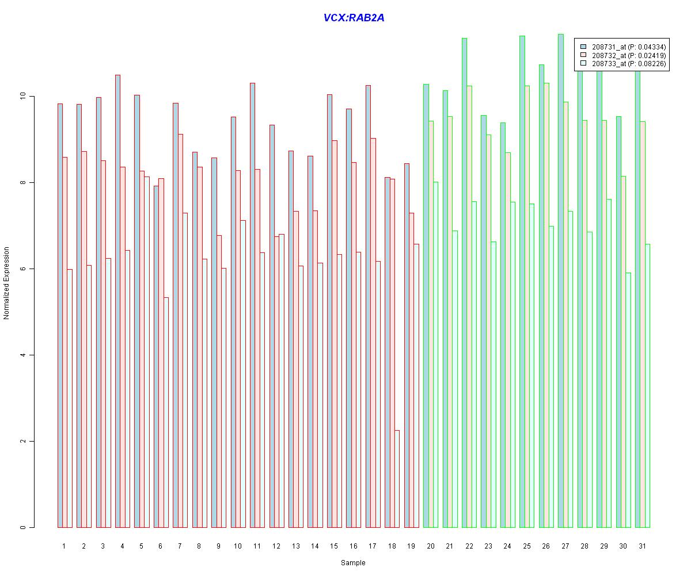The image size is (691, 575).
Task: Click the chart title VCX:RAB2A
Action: [354, 17]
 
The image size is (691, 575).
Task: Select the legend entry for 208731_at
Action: [623, 47]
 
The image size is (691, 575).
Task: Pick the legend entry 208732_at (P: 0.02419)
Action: [623, 55]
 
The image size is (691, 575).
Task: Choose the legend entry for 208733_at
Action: [623, 63]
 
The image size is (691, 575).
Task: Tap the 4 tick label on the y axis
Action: [22, 355]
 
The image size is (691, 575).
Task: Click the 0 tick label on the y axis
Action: [22, 527]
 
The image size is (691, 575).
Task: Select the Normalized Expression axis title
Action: [6, 283]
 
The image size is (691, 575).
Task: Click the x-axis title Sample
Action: [353, 563]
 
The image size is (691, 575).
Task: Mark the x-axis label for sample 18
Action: [392, 546]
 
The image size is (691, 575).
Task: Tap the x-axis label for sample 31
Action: [643, 546]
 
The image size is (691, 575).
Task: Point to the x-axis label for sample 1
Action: [64, 546]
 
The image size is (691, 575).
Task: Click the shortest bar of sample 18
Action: [397, 479]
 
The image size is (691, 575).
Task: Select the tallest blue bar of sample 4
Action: [118, 301]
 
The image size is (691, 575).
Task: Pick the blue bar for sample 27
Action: [561, 281]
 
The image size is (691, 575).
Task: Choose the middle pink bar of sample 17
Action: [373, 333]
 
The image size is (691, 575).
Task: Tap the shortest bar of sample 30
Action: [628, 400]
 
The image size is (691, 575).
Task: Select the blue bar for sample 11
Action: [253, 305]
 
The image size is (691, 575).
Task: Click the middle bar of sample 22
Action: [469, 306]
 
